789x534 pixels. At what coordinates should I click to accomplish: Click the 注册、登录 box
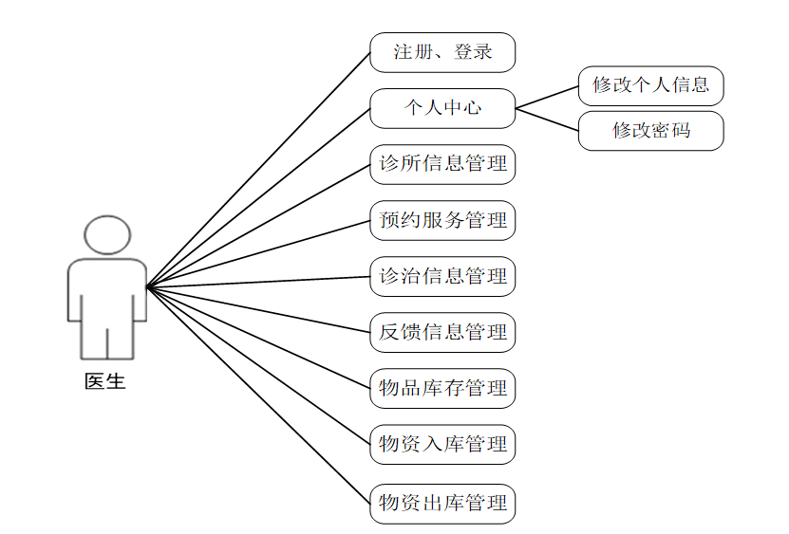coord(442,52)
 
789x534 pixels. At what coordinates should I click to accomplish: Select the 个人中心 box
coord(442,108)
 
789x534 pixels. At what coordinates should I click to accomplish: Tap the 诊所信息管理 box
coord(442,164)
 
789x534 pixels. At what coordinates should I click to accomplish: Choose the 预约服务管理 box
coord(442,220)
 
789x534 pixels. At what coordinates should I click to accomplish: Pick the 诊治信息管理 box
coord(442,276)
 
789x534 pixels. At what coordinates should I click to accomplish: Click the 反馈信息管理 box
coord(442,332)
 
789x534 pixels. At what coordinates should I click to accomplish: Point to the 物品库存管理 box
coord(442,388)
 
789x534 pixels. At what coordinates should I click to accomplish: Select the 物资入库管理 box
coord(442,444)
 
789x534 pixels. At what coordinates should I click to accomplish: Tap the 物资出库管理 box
coord(442,503)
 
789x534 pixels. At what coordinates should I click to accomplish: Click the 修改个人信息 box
coord(650,85)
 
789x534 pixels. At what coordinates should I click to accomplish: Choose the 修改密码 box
coord(650,131)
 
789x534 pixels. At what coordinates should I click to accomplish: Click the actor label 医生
coord(105,382)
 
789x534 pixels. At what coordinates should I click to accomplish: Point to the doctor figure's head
coord(105,235)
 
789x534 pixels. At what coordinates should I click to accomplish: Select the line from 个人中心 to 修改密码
coord(547,120)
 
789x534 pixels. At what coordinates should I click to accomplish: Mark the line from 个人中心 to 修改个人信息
coord(547,97)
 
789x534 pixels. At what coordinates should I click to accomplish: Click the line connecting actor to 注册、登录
coord(258,169)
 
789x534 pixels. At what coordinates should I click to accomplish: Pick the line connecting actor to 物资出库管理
coord(258,394)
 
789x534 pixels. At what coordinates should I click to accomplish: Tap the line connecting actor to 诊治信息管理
coord(258,281)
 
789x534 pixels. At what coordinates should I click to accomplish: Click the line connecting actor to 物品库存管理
coord(258,337)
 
